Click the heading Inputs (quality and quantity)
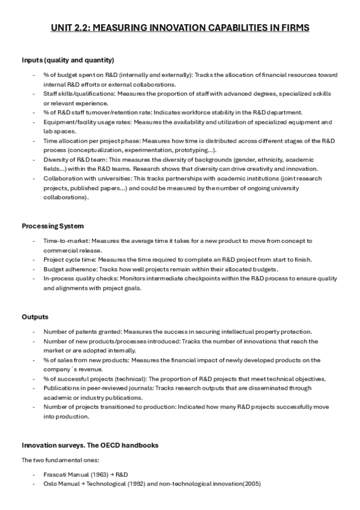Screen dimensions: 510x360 coord(68,60)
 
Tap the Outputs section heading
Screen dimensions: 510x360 coord(35,316)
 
